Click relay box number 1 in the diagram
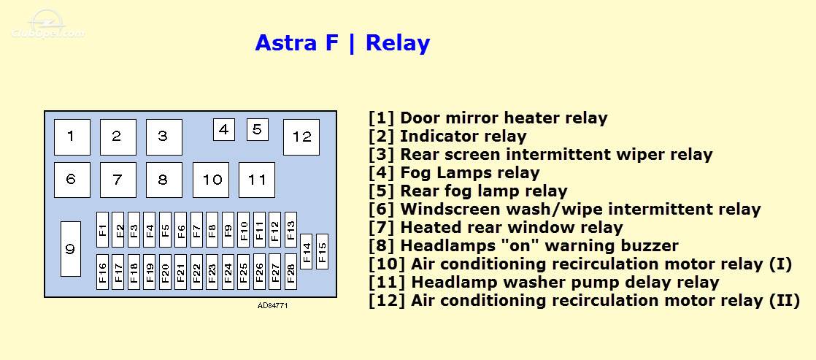tap(72, 137)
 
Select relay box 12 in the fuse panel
tap(301, 137)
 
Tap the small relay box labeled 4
tap(224, 130)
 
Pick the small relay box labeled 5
tap(258, 130)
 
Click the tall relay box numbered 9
tap(71, 249)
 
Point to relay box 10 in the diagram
tap(211, 180)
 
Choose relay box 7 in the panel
tap(118, 180)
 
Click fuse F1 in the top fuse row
tap(102, 229)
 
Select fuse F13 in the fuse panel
tap(291, 229)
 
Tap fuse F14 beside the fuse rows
tap(307, 252)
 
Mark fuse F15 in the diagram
tap(322, 252)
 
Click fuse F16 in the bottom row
tap(102, 272)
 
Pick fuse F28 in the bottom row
tap(291, 272)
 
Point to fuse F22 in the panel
tap(197, 272)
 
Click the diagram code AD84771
tap(273, 306)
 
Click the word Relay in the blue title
tap(398, 43)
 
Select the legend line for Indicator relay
tap(447, 137)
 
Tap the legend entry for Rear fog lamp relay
tap(468, 191)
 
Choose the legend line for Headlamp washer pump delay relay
tap(544, 283)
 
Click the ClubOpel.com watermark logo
tap(48, 26)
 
